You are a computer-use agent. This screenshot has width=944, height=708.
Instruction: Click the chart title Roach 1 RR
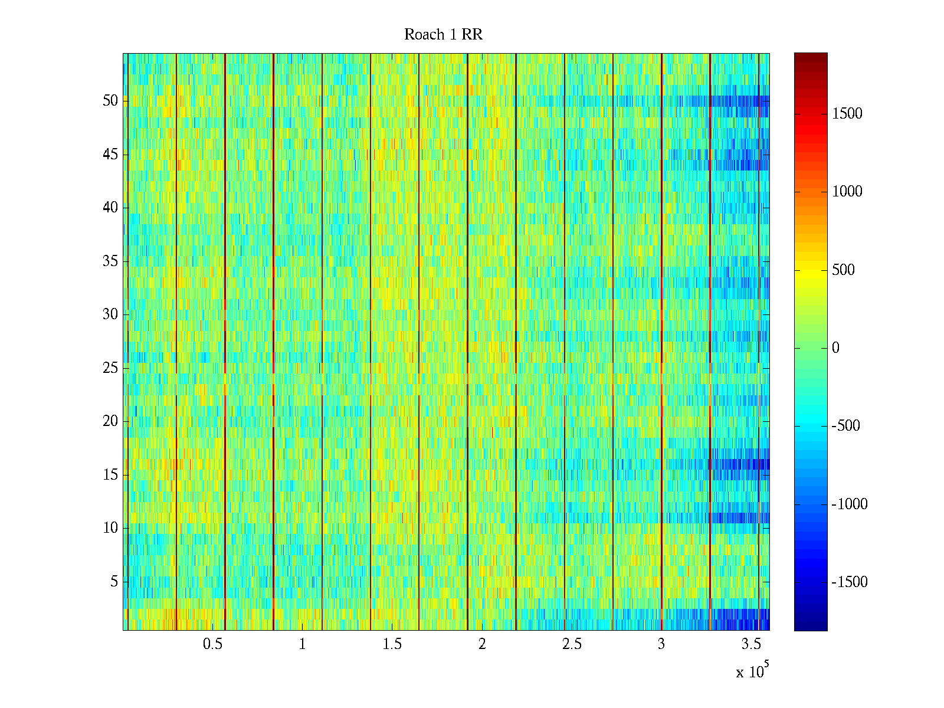(x=443, y=35)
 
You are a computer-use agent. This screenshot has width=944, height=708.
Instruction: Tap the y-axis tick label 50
(x=110, y=101)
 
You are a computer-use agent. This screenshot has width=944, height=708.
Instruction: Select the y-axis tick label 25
(x=110, y=368)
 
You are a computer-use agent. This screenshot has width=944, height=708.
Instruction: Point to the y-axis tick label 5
(x=114, y=582)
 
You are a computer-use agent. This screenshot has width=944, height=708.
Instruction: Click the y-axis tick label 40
(x=110, y=208)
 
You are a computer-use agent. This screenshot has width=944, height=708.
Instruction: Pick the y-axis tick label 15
(x=110, y=475)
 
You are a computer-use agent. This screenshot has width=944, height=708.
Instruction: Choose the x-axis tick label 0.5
(x=212, y=644)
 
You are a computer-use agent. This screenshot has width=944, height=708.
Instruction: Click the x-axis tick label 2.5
(x=572, y=644)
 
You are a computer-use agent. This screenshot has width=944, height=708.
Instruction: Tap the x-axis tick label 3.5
(x=751, y=644)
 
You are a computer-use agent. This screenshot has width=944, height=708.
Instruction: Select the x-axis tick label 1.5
(x=392, y=644)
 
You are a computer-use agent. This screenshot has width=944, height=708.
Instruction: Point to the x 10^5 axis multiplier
(x=752, y=671)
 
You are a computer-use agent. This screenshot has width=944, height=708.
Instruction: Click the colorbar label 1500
(x=847, y=114)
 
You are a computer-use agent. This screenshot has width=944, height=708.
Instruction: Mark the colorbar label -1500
(x=850, y=582)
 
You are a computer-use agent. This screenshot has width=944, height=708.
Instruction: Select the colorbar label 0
(x=835, y=348)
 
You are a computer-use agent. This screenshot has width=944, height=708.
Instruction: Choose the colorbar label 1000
(x=847, y=192)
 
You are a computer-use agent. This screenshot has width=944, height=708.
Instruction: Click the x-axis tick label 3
(x=661, y=644)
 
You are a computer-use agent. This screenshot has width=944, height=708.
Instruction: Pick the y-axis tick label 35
(x=110, y=261)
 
